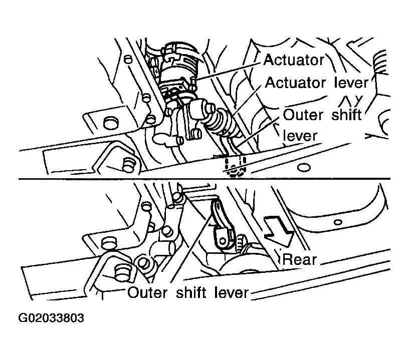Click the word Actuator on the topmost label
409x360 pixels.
tap(294, 60)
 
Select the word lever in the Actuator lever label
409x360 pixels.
tap(351, 83)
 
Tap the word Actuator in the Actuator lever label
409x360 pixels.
tap(295, 83)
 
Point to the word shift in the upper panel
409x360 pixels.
tap(347, 115)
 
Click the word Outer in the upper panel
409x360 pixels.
tap(303, 115)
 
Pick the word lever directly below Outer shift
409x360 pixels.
tap(300, 136)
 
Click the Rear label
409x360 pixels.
tap(299, 259)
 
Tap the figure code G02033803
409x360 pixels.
tap(51, 318)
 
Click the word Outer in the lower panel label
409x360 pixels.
tap(147, 292)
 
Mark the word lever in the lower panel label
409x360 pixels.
tap(232, 292)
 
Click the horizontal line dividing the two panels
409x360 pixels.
tap(204, 179)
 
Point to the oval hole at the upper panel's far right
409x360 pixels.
tap(304, 168)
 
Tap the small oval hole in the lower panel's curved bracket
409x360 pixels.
tap(338, 222)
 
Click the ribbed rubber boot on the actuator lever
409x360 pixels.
tap(222, 122)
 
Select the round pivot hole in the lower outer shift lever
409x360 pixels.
tap(223, 240)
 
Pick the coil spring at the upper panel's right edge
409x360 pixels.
tap(380, 64)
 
